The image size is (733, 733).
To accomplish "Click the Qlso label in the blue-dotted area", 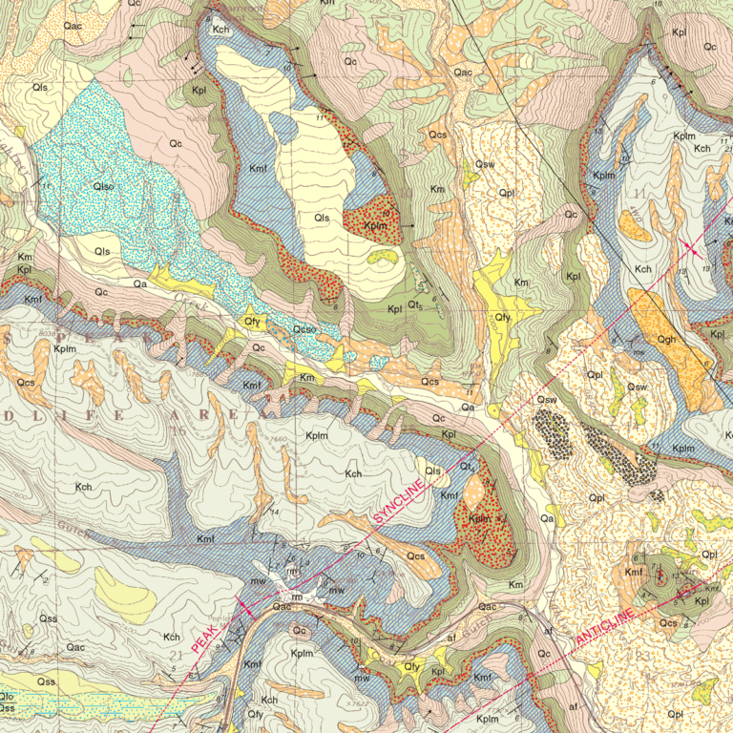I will coord(103,185).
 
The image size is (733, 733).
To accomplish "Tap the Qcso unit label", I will coord(304,330).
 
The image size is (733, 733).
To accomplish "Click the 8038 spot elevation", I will coord(44,334).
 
